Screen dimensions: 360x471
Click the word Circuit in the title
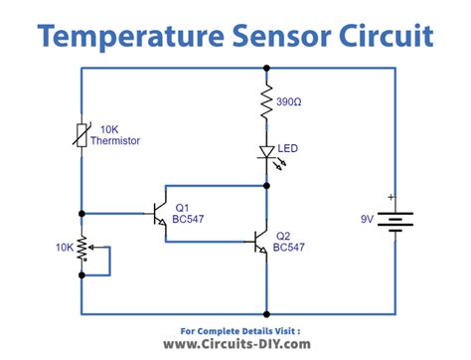pos(384,37)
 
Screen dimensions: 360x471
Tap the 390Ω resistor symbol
pos(266,102)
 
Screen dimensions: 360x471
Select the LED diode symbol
pos(266,151)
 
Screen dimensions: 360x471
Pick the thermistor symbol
pos(82,136)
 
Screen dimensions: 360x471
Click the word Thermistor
pos(114,141)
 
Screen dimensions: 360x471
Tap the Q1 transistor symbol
pos(158,213)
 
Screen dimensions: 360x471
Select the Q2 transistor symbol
pos(259,242)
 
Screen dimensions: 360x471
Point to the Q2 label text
pos(283,237)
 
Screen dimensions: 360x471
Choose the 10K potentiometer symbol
pos(83,246)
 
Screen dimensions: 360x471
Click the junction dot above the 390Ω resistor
pos(266,69)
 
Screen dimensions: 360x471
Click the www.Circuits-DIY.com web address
pos(235,344)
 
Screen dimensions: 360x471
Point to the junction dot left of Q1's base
pos(82,213)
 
